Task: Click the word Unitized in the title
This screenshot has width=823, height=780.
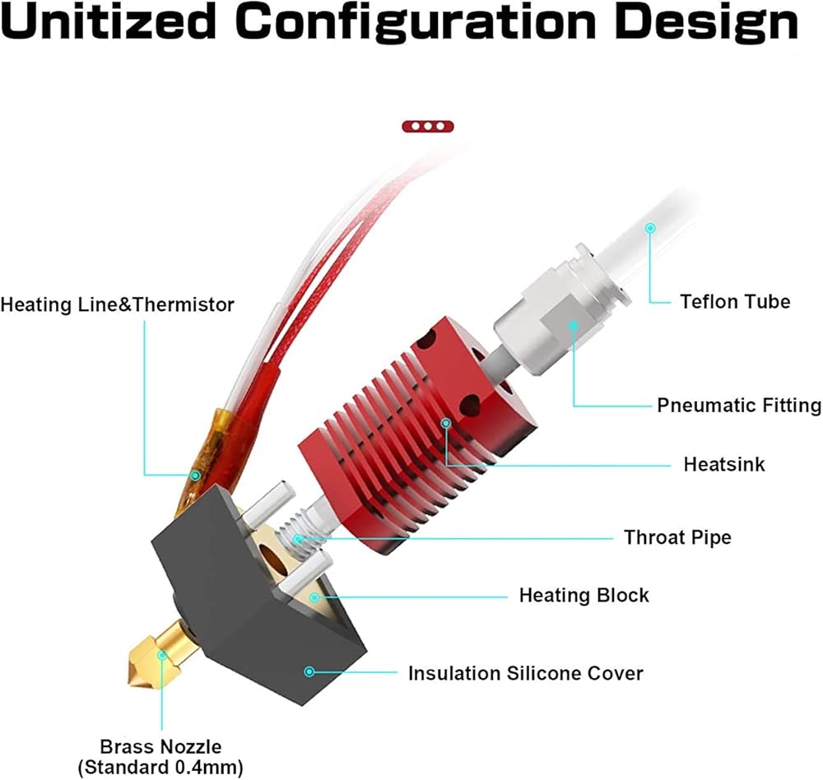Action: [x=109, y=21]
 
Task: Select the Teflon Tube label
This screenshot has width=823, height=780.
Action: [x=735, y=301]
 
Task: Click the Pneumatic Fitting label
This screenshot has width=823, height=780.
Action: [x=739, y=406]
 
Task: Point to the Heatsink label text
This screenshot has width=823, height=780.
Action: [x=723, y=464]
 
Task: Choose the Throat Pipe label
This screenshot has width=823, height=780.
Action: [x=677, y=537]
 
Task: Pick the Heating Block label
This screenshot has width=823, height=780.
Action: [x=584, y=595]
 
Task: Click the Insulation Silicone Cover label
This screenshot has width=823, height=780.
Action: [x=525, y=673]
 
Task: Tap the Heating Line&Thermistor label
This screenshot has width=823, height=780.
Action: [x=117, y=304]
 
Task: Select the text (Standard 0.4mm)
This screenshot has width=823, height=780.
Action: [x=160, y=767]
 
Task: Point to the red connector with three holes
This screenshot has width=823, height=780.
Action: [x=428, y=126]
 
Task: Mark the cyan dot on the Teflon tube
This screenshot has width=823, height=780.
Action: [x=650, y=228]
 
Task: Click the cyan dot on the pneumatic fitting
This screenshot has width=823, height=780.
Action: [x=573, y=326]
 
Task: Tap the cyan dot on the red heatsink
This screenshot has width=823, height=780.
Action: [x=445, y=423]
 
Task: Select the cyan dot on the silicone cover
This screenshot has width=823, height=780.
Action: [x=309, y=671]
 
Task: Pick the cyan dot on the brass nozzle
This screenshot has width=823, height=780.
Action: [x=162, y=655]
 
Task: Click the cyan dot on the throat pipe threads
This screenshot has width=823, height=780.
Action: [x=298, y=539]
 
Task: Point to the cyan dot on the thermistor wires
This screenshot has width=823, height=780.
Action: [x=195, y=476]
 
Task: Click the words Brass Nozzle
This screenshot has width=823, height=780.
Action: [x=160, y=746]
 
